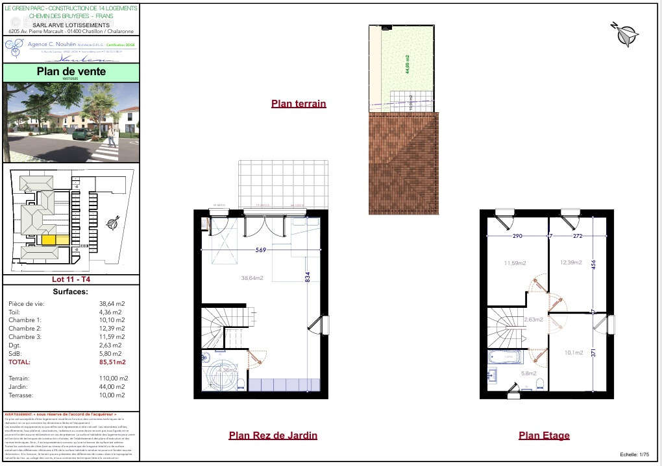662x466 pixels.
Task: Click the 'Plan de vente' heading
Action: click(x=71, y=71)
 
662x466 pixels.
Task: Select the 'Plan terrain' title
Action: click(x=299, y=104)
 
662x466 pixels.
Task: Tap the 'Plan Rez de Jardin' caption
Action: click(x=273, y=436)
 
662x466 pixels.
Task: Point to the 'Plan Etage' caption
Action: click(x=544, y=436)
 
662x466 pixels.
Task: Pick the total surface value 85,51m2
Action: click(x=112, y=362)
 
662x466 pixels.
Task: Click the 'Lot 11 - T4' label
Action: click(x=71, y=279)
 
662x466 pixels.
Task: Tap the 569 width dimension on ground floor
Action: click(x=260, y=250)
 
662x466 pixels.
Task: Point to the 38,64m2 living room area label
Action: click(x=252, y=278)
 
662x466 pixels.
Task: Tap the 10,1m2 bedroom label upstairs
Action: click(x=573, y=353)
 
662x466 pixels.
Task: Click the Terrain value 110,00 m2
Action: click(x=113, y=378)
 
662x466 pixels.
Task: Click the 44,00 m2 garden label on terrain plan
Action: click(x=408, y=65)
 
